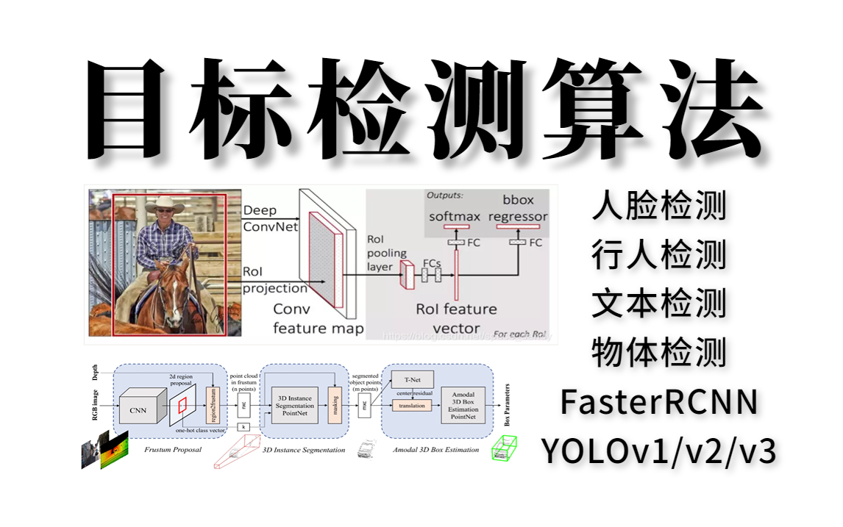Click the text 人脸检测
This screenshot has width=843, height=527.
tap(658, 206)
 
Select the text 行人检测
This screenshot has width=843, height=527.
tap(658, 254)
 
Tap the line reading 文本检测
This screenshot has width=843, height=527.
tap(658, 304)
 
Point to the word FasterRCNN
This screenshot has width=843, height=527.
tap(658, 402)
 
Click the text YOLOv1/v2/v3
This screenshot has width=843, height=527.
tap(658, 451)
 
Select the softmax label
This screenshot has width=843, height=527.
tap(455, 216)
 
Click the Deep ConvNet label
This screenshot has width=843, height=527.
tap(271, 218)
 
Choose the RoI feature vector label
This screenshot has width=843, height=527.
tap(456, 318)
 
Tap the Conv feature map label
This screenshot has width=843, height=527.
tap(318, 318)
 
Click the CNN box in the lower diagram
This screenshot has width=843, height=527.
tap(138, 405)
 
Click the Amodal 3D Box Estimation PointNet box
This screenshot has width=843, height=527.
tap(462, 406)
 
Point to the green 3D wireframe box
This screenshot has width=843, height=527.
tap(504, 448)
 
